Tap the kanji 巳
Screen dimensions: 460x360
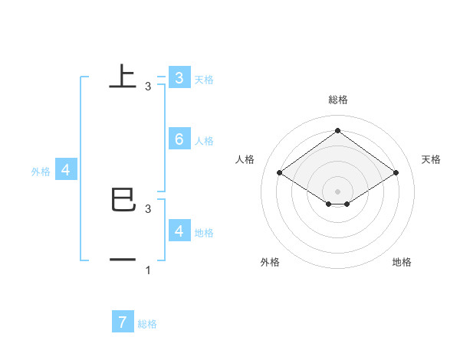(x=123, y=199)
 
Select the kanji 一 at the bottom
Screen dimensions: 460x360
(x=123, y=260)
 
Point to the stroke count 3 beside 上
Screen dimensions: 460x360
(x=147, y=87)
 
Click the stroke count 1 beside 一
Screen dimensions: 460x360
(x=147, y=271)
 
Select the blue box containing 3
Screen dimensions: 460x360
(x=179, y=77)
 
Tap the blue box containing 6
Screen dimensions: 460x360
(x=179, y=139)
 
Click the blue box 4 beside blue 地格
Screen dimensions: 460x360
(x=179, y=231)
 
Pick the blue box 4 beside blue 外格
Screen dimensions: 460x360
(x=66, y=170)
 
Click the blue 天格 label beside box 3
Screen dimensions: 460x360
(x=204, y=79)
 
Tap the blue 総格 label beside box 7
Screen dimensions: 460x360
(x=147, y=324)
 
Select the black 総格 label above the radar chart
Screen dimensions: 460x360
(x=337, y=100)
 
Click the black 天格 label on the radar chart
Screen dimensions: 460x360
(x=431, y=159)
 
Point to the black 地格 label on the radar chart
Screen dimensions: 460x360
(x=402, y=262)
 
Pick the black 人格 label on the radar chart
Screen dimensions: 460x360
(x=245, y=159)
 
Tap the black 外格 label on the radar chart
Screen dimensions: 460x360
(x=270, y=262)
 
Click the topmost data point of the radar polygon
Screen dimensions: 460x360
(x=337, y=130)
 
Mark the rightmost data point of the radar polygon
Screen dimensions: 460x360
(x=396, y=173)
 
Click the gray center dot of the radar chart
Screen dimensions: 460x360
(x=337, y=191)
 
